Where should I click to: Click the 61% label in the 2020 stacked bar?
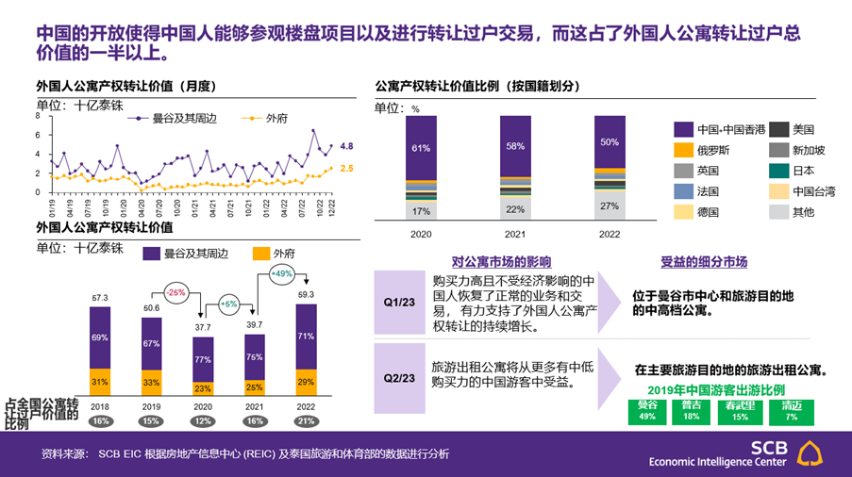[x=421, y=148]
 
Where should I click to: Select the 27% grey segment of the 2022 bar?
[x=609, y=206]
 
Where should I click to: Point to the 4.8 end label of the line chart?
[x=346, y=146]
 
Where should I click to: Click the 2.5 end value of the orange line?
[x=346, y=168]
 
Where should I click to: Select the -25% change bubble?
[x=175, y=293]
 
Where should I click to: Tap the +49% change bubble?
[x=281, y=274]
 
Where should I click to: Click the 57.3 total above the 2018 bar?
[x=100, y=298]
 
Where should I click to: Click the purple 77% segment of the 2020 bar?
[x=203, y=359]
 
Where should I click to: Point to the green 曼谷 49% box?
[x=647, y=411]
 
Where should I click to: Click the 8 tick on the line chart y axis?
[x=37, y=116]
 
